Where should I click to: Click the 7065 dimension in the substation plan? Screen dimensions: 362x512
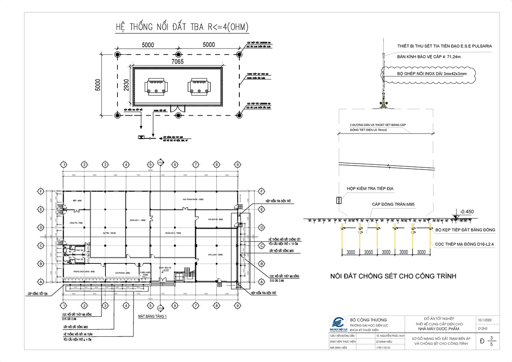[177, 62]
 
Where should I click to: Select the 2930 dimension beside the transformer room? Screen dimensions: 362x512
[126, 86]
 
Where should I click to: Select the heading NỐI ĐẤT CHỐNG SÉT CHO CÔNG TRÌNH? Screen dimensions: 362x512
[393, 276]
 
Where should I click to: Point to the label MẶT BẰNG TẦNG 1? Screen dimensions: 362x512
[152, 317]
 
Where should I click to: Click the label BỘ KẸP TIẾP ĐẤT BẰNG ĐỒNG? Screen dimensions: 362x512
[465, 230]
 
